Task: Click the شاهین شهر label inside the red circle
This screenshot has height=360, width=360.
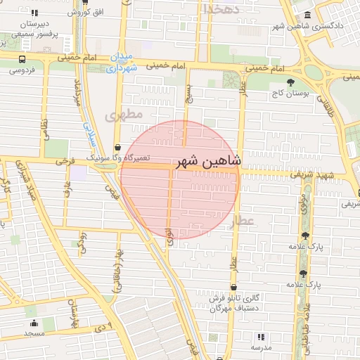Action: [x=210, y=160]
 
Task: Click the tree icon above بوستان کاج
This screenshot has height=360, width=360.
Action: [x=290, y=82]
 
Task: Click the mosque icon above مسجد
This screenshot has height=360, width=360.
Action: [x=34, y=323]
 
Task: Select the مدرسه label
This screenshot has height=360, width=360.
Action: [x=262, y=347]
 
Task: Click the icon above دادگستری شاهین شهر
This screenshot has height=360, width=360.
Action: [x=307, y=16]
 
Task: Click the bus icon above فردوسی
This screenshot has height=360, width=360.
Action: [x=22, y=59]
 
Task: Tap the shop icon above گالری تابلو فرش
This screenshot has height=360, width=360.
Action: [x=233, y=287]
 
